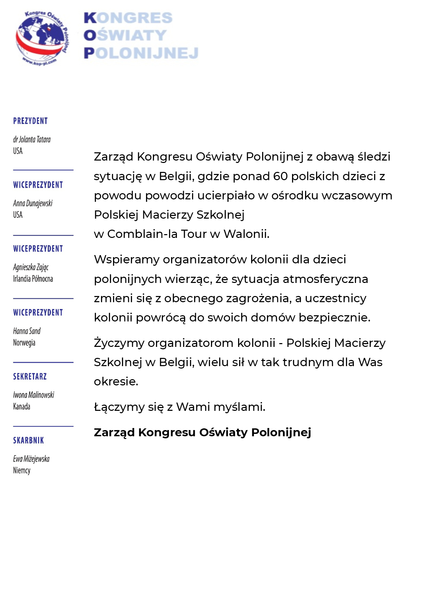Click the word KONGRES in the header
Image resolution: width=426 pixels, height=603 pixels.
coord(128,18)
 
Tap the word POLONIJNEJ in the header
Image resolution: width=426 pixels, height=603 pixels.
coord(141,53)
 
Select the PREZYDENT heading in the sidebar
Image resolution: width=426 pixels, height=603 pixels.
coord(30,121)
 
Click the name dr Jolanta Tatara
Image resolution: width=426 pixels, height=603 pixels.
coord(32,140)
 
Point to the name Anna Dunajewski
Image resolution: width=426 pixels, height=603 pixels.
coord(33,204)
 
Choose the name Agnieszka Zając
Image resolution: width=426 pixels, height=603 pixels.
coord(31,267)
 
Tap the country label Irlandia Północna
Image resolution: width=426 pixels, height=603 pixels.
coord(33,279)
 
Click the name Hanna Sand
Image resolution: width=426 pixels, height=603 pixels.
coord(27,331)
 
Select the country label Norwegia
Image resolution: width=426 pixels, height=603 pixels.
coord(24,343)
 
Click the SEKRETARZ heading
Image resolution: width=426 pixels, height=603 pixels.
coord(30,377)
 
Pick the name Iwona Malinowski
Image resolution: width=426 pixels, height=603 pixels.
coord(34,395)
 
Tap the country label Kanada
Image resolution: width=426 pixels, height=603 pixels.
coord(22,407)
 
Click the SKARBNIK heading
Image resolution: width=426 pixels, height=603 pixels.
coord(29,441)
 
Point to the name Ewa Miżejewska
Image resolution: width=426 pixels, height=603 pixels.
coord(31,459)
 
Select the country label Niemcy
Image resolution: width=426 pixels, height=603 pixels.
coord(22,471)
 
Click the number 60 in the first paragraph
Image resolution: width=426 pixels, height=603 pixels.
coord(280,176)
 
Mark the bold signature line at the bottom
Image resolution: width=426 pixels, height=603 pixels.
coord(202,432)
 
